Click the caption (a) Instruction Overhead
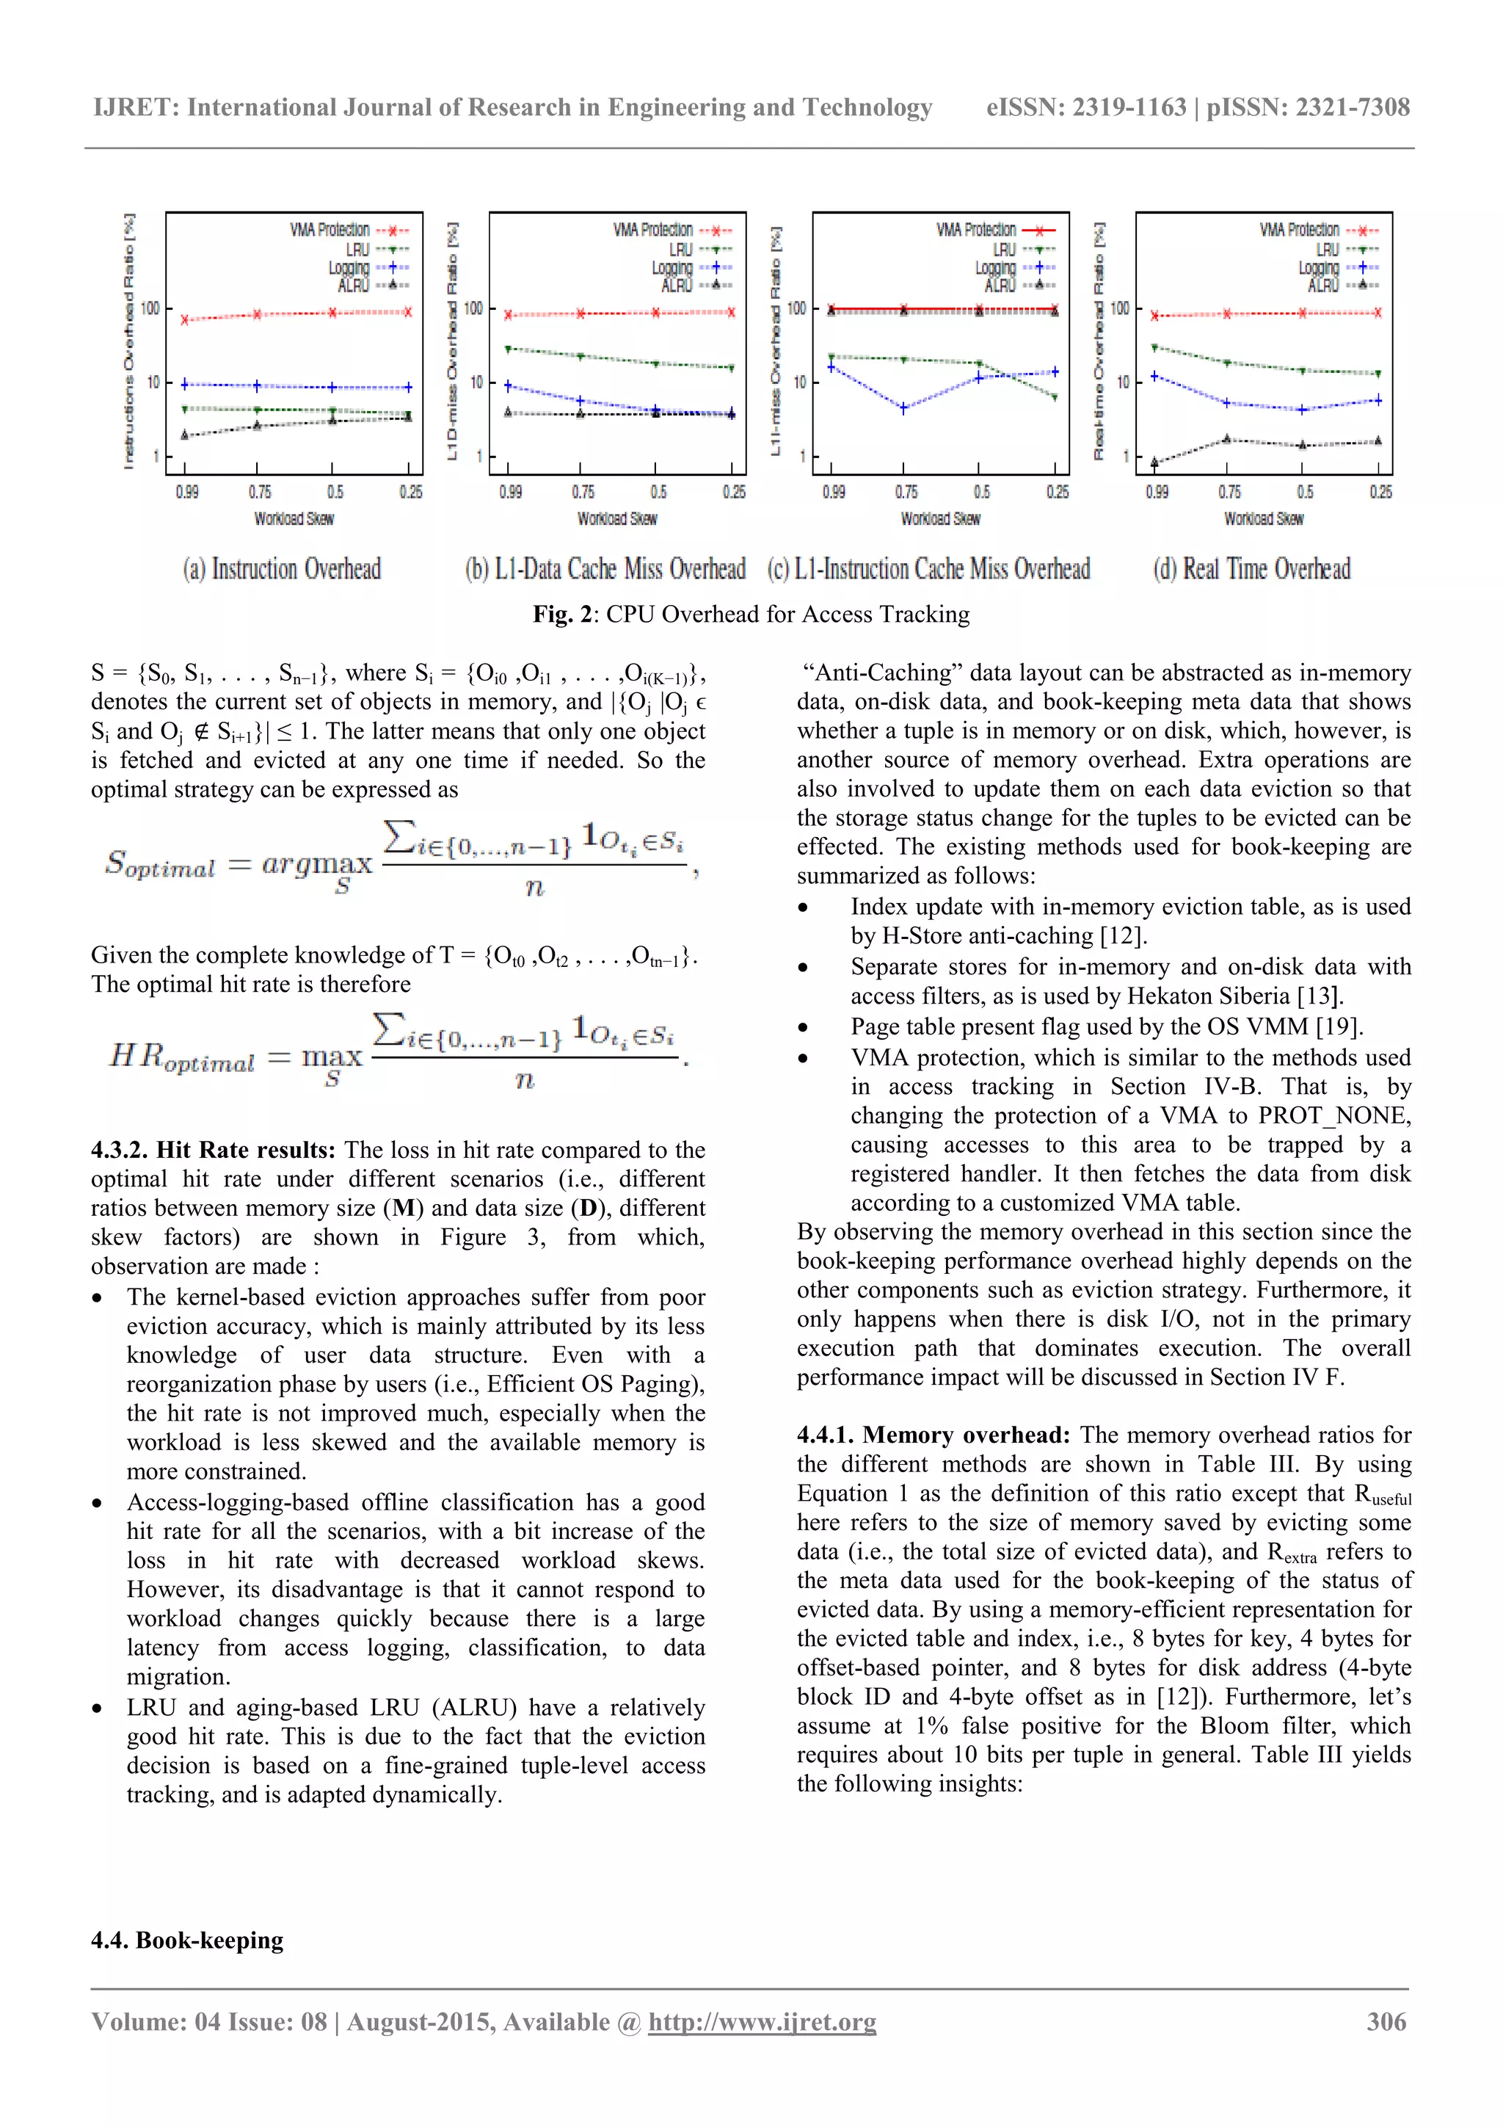coord(282,569)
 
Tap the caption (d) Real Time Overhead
coord(1251,569)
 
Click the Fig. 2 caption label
coord(566,615)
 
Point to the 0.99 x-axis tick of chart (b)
coord(510,492)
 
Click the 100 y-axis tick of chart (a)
coord(149,308)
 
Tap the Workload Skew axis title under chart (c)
coord(940,519)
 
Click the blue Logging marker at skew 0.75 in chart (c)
coord(904,407)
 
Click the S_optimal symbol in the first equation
coord(159,864)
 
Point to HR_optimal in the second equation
coord(181,1057)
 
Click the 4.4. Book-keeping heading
coord(187,1940)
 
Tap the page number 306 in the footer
coord(1386,2021)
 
